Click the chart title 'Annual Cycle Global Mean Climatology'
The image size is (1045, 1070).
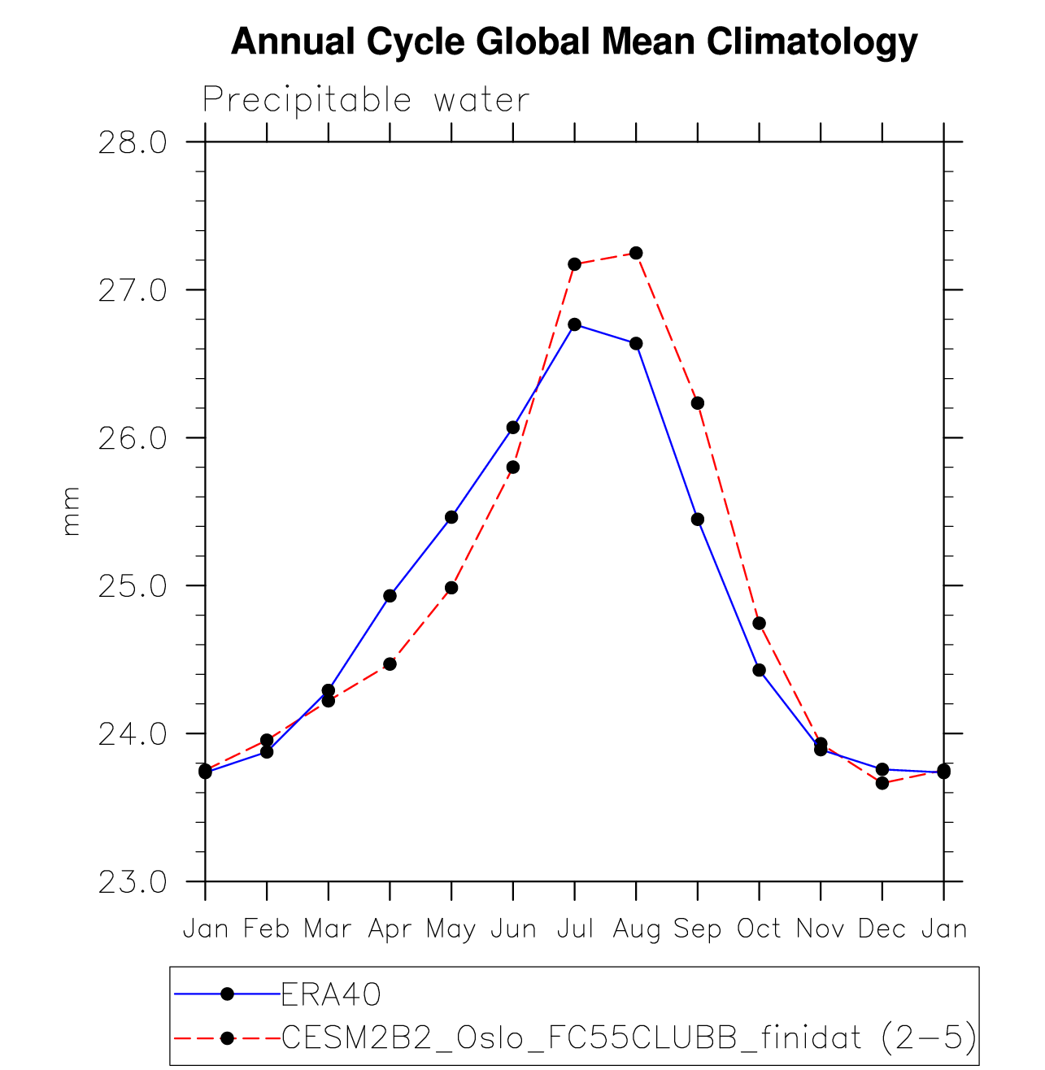574,41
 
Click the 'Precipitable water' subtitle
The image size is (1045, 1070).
366,100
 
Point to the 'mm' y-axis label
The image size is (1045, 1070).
72,511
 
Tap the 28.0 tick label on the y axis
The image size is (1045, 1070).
132,143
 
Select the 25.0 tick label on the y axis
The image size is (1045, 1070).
132,586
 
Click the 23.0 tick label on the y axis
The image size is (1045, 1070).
132,882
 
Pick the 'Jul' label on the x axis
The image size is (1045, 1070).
575,929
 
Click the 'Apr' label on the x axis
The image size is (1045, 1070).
390,929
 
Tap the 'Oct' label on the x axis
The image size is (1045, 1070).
759,929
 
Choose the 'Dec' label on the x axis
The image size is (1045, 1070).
882,929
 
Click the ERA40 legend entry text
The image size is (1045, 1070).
331,994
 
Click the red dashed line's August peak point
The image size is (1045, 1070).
636,253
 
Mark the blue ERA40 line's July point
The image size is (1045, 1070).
575,324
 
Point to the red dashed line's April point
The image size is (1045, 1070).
390,664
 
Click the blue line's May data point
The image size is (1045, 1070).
451,517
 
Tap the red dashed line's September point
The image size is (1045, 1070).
698,403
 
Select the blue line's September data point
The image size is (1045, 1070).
698,520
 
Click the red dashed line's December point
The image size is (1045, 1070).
882,783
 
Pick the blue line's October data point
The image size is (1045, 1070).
759,670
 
